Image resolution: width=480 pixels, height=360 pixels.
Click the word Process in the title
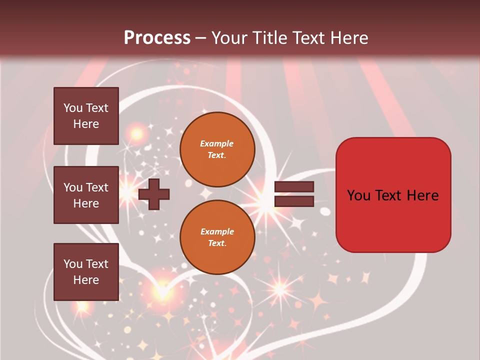coord(157,38)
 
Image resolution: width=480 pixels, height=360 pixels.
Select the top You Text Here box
coord(86,116)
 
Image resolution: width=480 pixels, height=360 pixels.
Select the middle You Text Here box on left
coord(86,195)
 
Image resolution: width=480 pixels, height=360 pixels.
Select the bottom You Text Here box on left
coord(86,272)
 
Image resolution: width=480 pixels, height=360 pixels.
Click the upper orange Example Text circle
coord(217,149)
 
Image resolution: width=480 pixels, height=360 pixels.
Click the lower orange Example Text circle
coord(217,237)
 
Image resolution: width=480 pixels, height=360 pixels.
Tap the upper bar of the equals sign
coord(294,187)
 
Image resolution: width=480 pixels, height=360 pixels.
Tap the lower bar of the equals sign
coord(294,201)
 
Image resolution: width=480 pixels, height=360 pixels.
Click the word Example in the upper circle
coord(217,143)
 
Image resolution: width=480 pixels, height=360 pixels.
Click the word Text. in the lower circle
coord(217,243)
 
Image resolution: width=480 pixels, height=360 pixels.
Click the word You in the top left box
coord(73,108)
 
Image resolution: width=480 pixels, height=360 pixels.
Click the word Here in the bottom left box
coord(86,280)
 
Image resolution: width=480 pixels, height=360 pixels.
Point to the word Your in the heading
coord(229,38)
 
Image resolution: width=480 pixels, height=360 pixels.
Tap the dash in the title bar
coord(201,38)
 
